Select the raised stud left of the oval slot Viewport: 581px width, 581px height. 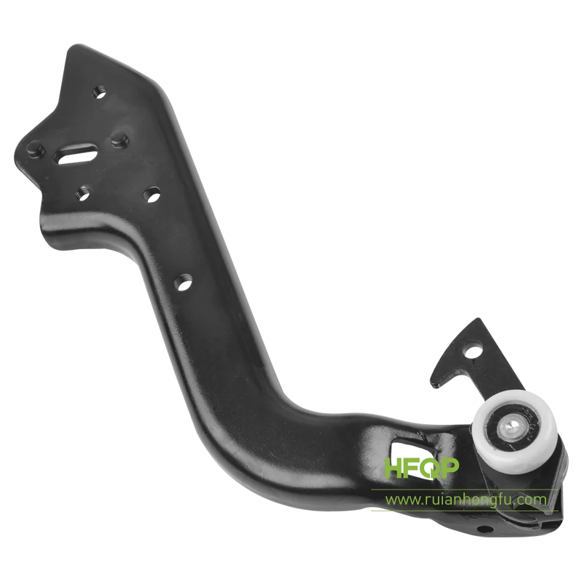(x=31, y=150)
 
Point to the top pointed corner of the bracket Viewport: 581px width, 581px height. (x=71, y=47)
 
